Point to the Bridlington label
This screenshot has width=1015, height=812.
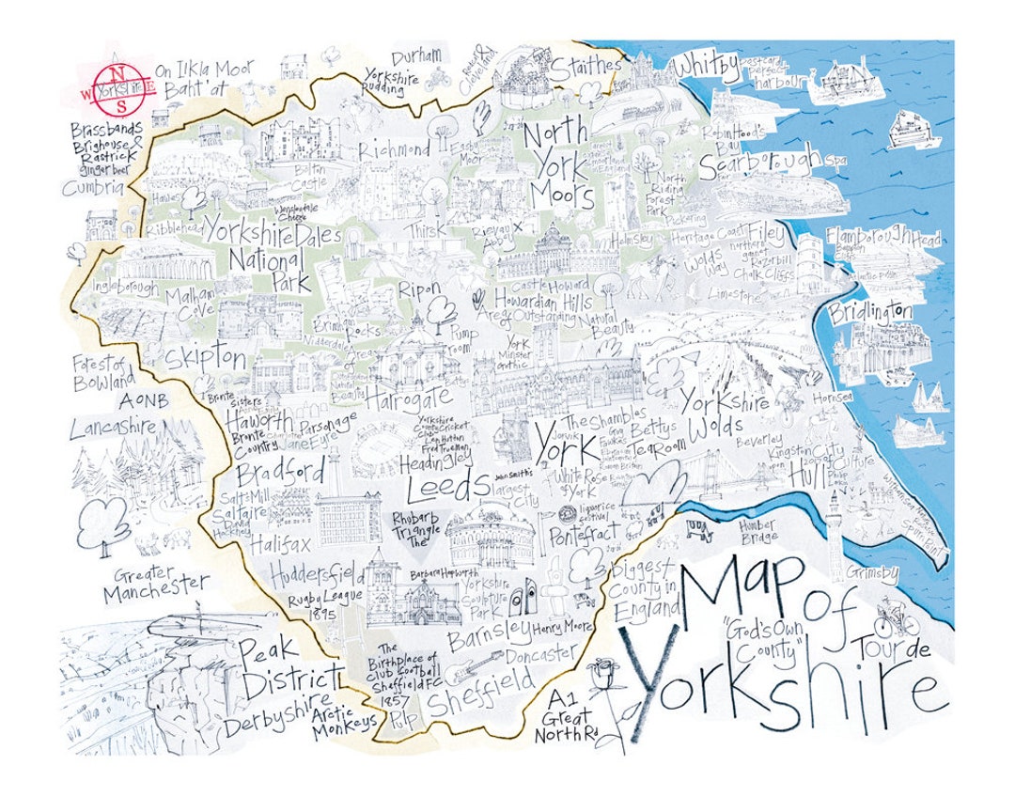pos(871,312)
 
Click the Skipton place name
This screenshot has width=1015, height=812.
pos(205,358)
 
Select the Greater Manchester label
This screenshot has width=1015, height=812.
pos(155,585)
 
